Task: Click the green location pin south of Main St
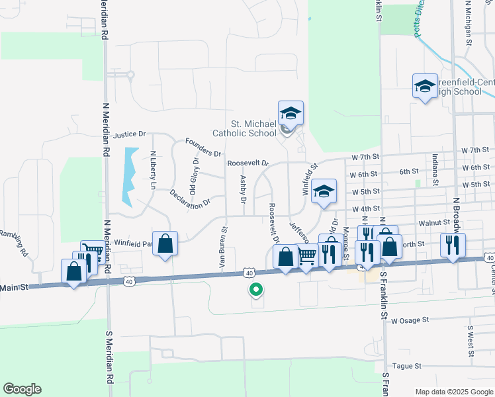255,289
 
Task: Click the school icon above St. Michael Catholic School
291,113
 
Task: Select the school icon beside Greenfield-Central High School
425,86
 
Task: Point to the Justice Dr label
128,134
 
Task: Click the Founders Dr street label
202,148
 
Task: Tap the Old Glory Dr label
194,173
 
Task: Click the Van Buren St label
223,248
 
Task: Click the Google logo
22,389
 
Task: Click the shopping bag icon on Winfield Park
165,243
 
